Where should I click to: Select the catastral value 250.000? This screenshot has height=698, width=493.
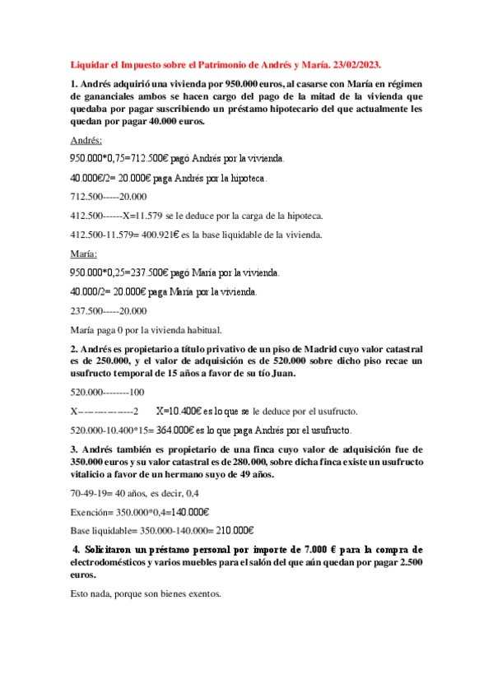pos(105,361)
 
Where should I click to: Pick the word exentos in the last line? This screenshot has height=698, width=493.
pos(202,593)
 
